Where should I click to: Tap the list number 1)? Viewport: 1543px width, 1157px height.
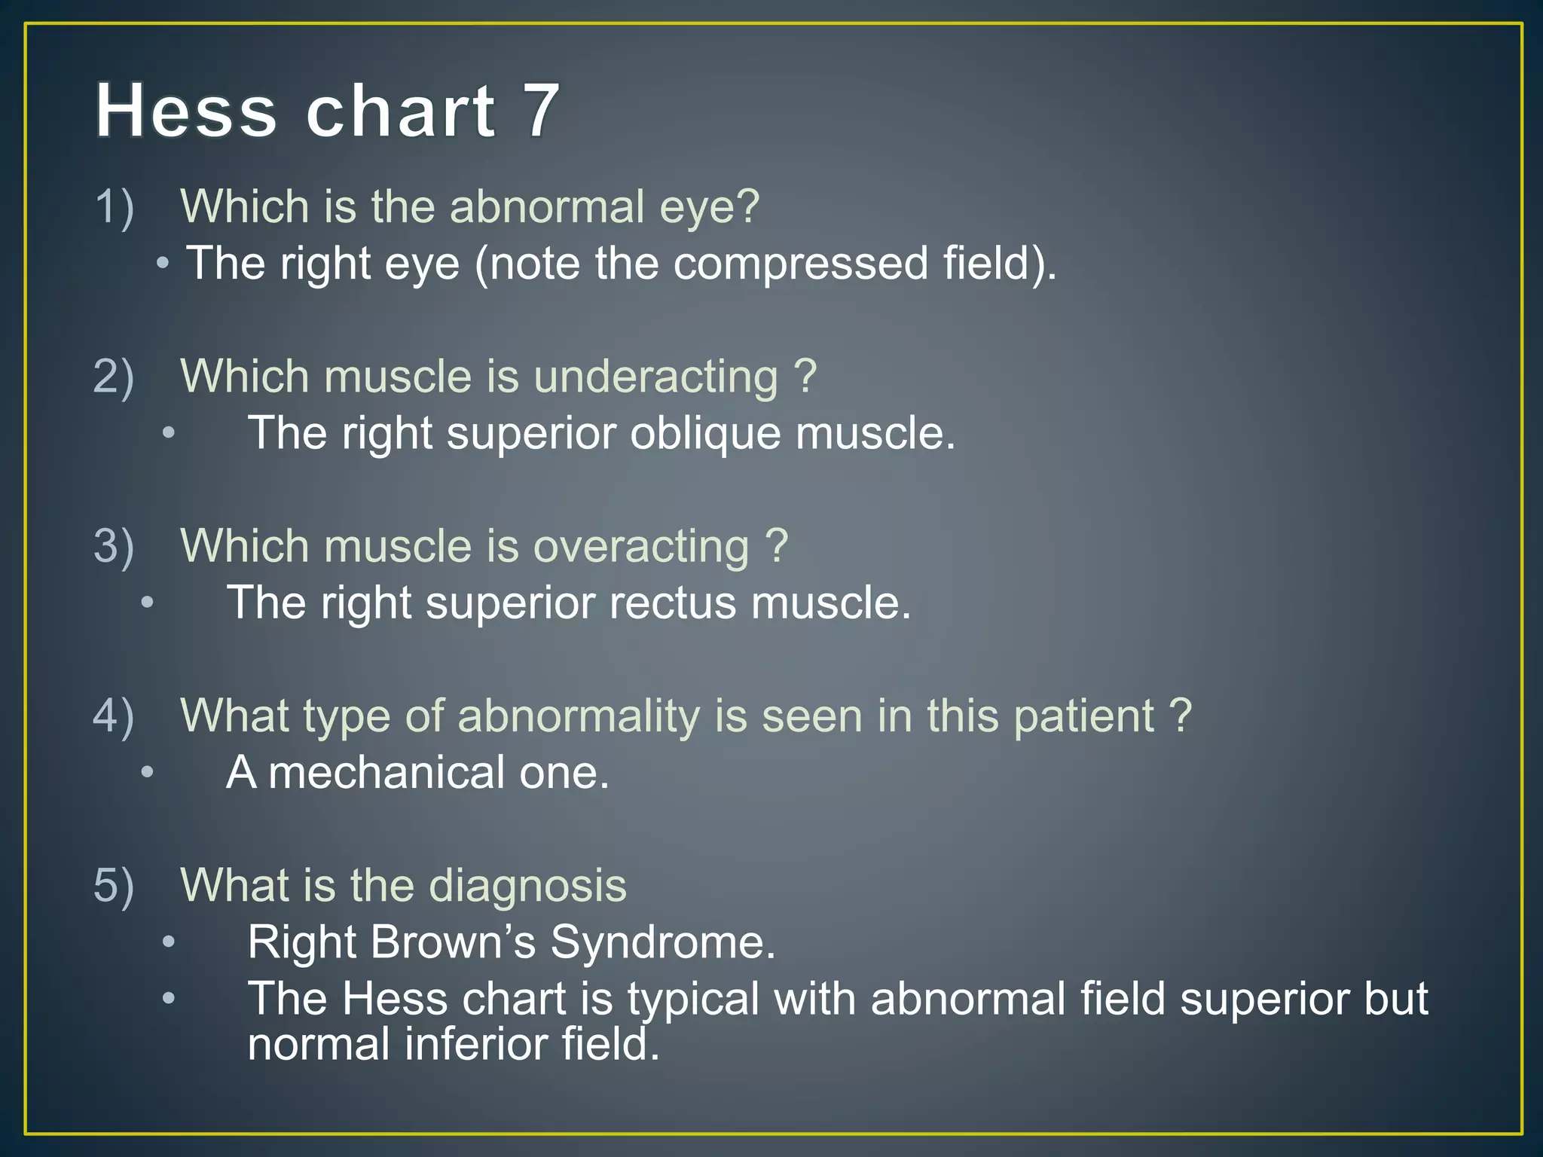point(114,206)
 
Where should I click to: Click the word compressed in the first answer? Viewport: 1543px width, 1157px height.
point(800,264)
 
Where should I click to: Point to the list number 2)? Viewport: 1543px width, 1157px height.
point(114,376)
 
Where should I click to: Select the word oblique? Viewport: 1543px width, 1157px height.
point(704,433)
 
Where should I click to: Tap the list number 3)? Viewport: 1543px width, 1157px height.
point(114,545)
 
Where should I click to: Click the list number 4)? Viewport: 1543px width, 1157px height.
point(114,715)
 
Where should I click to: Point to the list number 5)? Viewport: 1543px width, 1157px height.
point(114,884)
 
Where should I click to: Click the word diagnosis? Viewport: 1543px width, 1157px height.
point(527,886)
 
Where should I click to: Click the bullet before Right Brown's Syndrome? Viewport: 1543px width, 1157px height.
point(169,942)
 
